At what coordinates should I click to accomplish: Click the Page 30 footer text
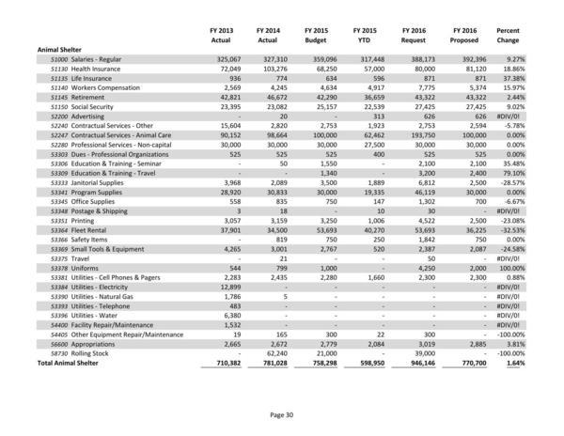pos(281,414)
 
